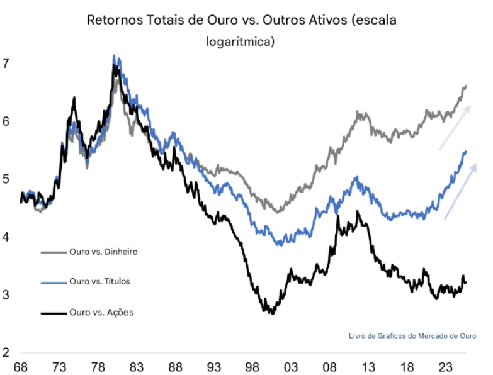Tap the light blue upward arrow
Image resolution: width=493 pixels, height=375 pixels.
460,191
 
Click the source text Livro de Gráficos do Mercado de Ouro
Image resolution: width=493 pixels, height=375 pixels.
412,335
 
